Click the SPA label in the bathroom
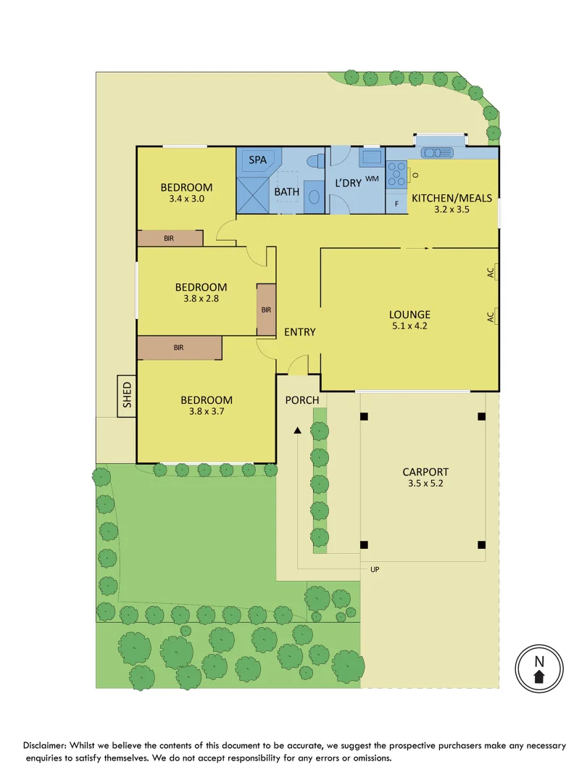click(257, 159)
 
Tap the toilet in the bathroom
click(315, 162)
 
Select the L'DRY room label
click(348, 183)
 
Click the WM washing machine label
click(372, 178)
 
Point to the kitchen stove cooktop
click(396, 174)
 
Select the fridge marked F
click(396, 204)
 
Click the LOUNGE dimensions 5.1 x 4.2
click(409, 326)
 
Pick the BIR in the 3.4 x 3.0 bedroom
click(170, 238)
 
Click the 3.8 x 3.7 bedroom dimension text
click(207, 413)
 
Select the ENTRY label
click(299, 332)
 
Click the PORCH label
click(301, 400)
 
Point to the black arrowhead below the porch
click(297, 431)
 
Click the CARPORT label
click(425, 471)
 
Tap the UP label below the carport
click(375, 570)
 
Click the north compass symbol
click(538, 668)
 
